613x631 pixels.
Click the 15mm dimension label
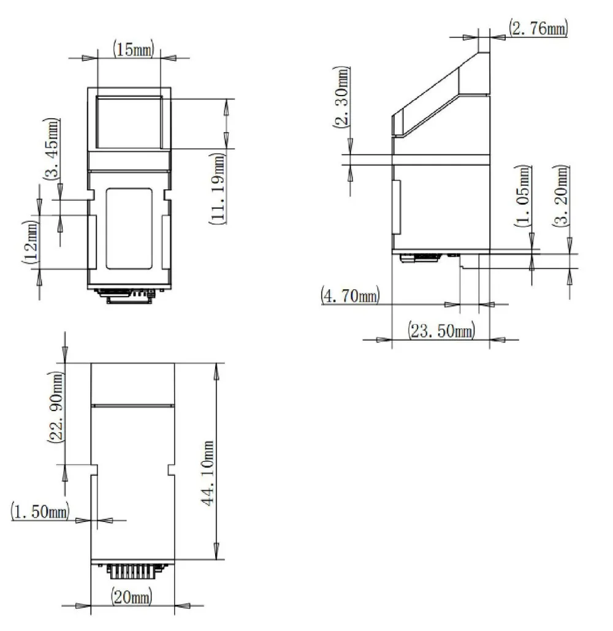pyautogui.click(x=133, y=50)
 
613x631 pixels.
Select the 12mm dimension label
pyautogui.click(x=31, y=242)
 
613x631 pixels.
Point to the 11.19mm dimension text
pyautogui.click(x=218, y=188)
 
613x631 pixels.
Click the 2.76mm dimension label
pyautogui.click(x=538, y=28)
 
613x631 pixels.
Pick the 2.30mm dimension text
pyautogui.click(x=341, y=97)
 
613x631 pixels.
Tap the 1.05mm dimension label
pyautogui.click(x=523, y=196)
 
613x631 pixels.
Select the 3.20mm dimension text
pyautogui.click(x=561, y=196)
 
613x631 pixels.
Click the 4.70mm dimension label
pyautogui.click(x=350, y=295)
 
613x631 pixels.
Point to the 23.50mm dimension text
pyautogui.click(x=441, y=330)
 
